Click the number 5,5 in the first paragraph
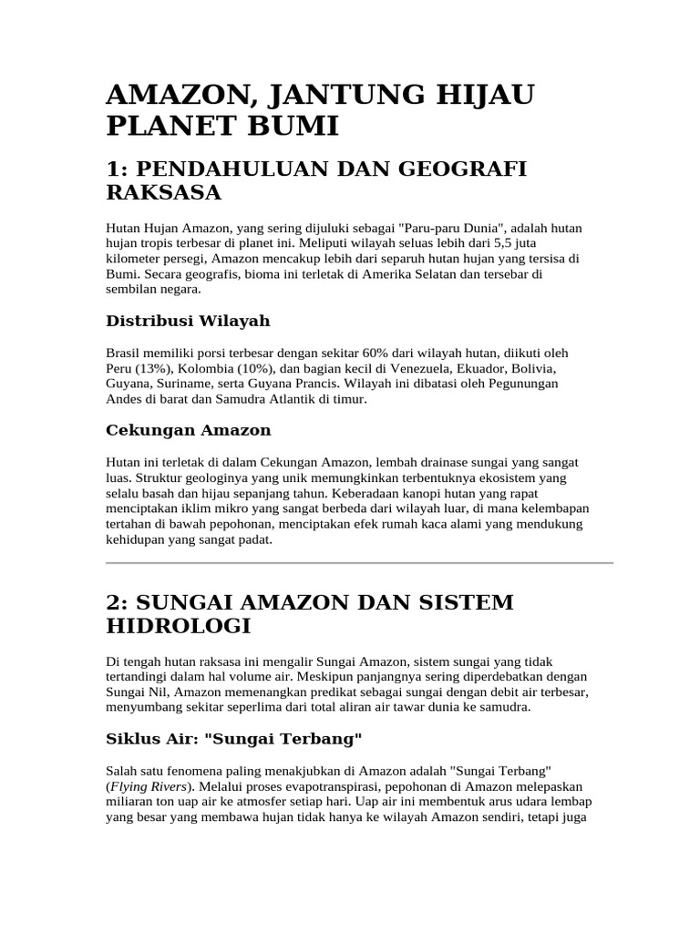pos(519,243)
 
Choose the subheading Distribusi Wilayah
pos(188,321)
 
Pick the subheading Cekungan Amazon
pos(189,430)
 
